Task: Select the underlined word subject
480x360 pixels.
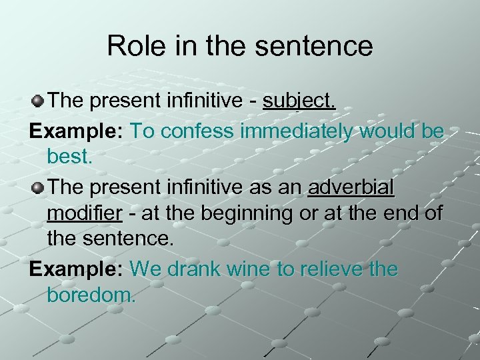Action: pos(299,101)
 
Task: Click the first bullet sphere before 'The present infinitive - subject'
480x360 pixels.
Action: pos(39,101)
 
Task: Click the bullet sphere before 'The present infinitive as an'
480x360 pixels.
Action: pos(39,189)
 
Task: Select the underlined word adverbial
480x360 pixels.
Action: pos(351,188)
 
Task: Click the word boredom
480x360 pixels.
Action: pos(91,295)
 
